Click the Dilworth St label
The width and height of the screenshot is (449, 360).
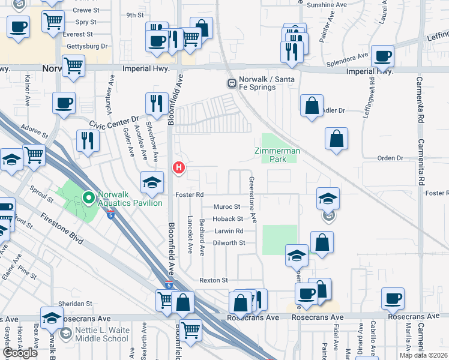[229, 243]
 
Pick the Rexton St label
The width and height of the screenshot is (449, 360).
[214, 280]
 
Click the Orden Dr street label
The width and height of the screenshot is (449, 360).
[391, 158]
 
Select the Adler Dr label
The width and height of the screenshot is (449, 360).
[334, 110]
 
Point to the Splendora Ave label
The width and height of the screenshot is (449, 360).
[347, 61]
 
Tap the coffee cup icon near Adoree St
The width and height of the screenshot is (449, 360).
[64, 103]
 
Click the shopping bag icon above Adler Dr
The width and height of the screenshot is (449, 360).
[312, 106]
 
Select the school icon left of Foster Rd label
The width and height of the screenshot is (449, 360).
[152, 182]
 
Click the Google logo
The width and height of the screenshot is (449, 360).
[20, 352]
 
